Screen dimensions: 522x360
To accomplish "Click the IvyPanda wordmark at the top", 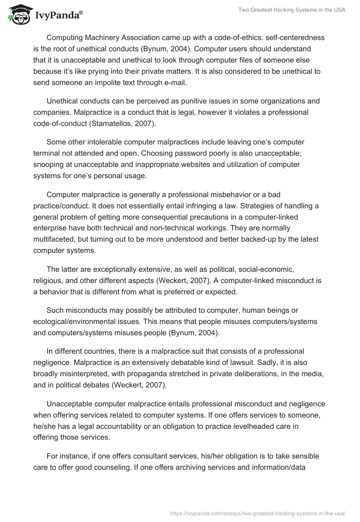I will [58, 15].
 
